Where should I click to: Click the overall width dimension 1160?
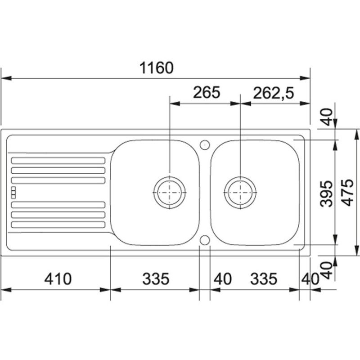[156, 68]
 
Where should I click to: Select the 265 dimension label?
[207, 92]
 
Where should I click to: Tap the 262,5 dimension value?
[274, 93]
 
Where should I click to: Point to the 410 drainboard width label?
[58, 279]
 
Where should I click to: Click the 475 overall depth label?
[347, 193]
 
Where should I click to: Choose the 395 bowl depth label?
[326, 194]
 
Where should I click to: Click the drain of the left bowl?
[170, 193]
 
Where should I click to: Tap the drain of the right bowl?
[240, 193]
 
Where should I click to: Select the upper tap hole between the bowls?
[205, 145]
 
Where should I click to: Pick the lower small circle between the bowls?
[205, 240]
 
